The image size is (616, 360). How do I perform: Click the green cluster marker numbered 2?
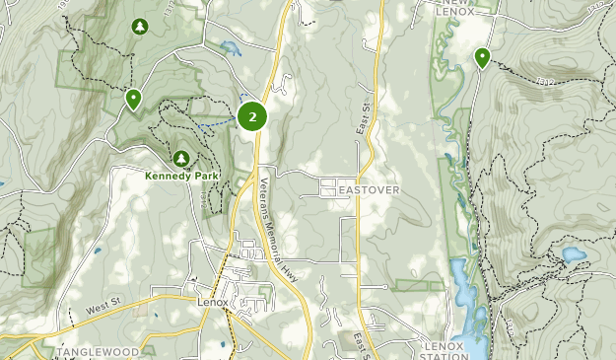click(253, 116)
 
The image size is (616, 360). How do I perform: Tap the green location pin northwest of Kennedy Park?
click(132, 98)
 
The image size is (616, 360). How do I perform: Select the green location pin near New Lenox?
click(482, 57)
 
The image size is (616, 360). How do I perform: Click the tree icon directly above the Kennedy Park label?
click(181, 158)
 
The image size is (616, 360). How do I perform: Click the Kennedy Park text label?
click(182, 177)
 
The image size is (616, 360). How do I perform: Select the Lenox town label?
click(212, 302)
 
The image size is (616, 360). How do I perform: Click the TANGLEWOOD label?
click(95, 351)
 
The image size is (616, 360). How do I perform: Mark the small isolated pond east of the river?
click(573, 255)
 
